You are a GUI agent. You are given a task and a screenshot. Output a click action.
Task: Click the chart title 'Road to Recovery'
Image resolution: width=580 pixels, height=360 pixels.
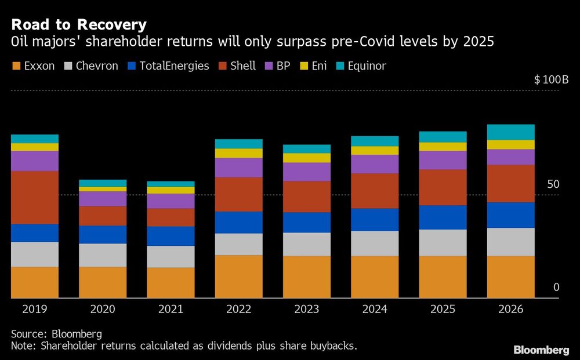[x=78, y=24]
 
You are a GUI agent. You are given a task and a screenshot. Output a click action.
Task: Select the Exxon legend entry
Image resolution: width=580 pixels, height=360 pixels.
[x=34, y=66]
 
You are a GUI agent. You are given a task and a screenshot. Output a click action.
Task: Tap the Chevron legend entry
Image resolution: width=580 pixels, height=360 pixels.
[x=90, y=66]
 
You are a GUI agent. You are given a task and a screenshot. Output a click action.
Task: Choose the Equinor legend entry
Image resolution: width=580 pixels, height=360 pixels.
[x=360, y=66]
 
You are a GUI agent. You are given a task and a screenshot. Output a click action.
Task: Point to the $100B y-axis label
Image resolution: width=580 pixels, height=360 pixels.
[x=551, y=79]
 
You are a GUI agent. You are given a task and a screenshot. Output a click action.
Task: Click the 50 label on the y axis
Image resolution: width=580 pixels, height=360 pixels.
[x=554, y=184]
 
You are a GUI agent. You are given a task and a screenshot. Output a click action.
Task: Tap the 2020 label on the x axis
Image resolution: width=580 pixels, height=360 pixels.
[x=103, y=309]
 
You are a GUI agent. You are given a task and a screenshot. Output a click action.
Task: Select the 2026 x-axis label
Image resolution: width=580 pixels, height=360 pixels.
[x=510, y=309]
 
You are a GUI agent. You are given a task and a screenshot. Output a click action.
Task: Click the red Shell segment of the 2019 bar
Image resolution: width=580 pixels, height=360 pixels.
[x=35, y=197]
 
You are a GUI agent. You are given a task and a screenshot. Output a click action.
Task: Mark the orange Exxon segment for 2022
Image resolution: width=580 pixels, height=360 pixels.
[x=239, y=276]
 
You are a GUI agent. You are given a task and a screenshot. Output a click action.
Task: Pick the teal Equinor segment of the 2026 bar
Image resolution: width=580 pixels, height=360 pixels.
[x=510, y=132]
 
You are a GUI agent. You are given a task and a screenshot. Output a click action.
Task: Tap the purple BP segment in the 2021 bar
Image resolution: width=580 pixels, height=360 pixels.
[x=171, y=201]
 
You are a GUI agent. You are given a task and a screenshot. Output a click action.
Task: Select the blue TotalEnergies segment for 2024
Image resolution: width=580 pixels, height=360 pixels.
[x=375, y=219]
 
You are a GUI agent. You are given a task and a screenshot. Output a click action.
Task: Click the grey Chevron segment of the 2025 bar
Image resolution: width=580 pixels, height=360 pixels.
[x=443, y=242]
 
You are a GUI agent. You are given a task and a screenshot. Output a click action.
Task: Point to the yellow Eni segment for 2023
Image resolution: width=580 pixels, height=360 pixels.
[x=307, y=158]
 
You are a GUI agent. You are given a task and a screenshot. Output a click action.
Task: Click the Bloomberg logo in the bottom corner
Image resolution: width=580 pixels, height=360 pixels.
[x=541, y=350]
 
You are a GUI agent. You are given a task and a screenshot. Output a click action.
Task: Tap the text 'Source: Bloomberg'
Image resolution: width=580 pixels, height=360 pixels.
[x=56, y=334]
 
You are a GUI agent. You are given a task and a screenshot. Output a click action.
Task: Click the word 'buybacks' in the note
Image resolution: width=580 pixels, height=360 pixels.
[x=334, y=346]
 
